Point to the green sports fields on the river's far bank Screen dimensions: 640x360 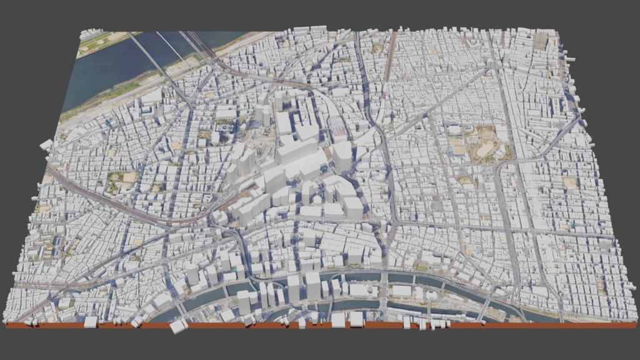point(100,42)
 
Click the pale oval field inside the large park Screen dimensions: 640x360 point(484,150)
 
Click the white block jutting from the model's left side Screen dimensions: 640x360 point(46,145)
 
